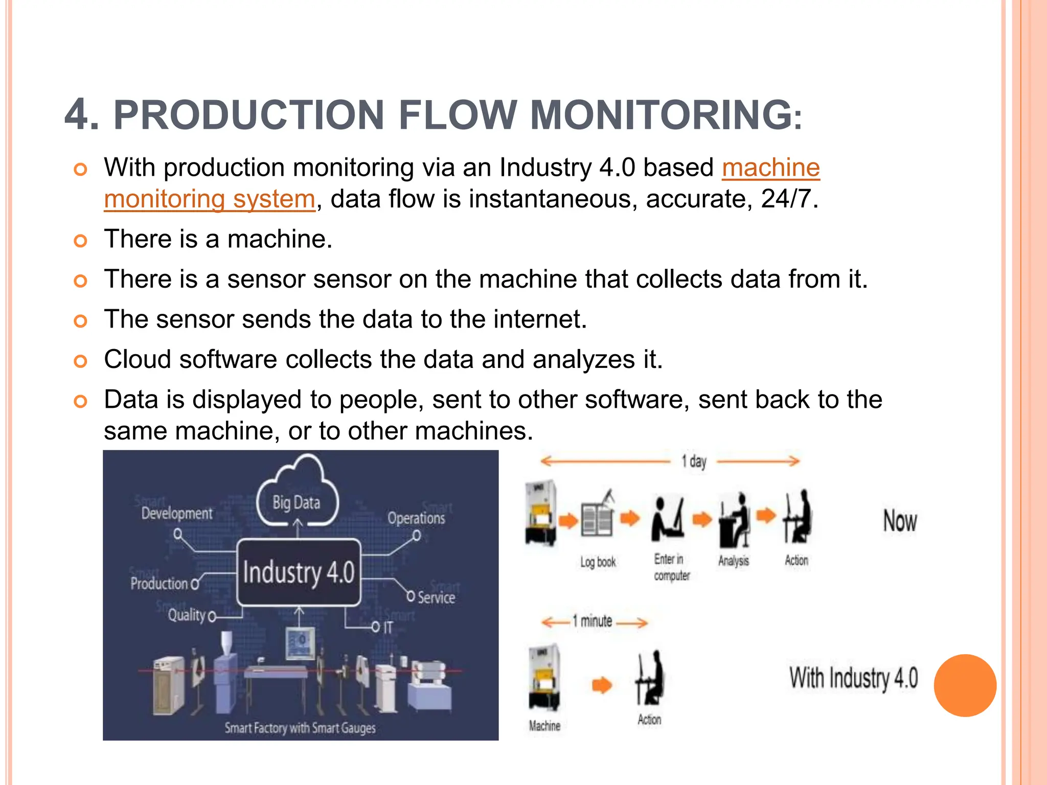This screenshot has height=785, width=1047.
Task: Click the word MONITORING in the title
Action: tap(662, 115)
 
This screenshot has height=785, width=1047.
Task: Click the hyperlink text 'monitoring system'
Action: tap(210, 199)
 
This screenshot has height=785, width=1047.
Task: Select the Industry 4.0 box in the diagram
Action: tap(299, 572)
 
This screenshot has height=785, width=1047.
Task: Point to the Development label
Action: tap(177, 513)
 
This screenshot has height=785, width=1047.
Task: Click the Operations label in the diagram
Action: tap(416, 518)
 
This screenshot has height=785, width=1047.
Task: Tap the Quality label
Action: tap(187, 615)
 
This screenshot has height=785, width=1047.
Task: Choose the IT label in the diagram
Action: tap(388, 627)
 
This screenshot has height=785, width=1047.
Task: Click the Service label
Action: tap(436, 597)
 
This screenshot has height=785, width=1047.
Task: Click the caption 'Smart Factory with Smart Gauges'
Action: tap(300, 728)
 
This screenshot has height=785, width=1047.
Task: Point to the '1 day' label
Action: tap(694, 461)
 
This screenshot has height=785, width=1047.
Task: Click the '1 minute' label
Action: tap(593, 621)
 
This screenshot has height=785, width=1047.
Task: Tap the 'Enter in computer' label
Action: tap(671, 567)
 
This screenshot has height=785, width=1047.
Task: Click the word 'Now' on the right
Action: tap(900, 521)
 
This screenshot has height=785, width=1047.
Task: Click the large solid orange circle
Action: tap(965, 685)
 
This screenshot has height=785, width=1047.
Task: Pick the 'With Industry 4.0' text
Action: tap(853, 678)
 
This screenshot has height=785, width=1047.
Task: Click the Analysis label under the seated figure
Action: tap(733, 561)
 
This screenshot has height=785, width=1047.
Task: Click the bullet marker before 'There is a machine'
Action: tap(80, 240)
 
